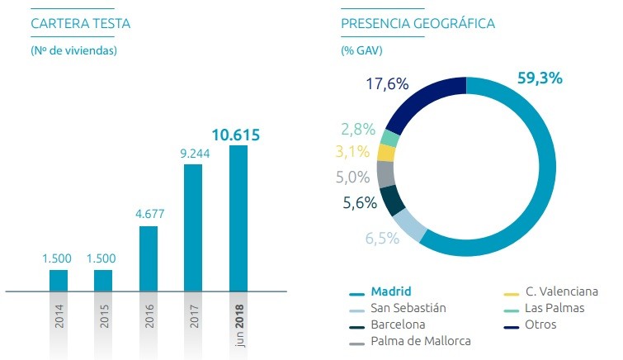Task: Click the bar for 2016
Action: coord(149,258)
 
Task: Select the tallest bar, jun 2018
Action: coord(238,219)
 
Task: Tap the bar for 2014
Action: coord(59,281)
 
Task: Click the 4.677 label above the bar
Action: coord(149,214)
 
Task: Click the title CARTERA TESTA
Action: coord(80,23)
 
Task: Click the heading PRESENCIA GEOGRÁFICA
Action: coord(418,23)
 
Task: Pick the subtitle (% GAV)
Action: coord(361,50)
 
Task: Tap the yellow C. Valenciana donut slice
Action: coord(386,152)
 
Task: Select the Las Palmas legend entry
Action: coord(554,308)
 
